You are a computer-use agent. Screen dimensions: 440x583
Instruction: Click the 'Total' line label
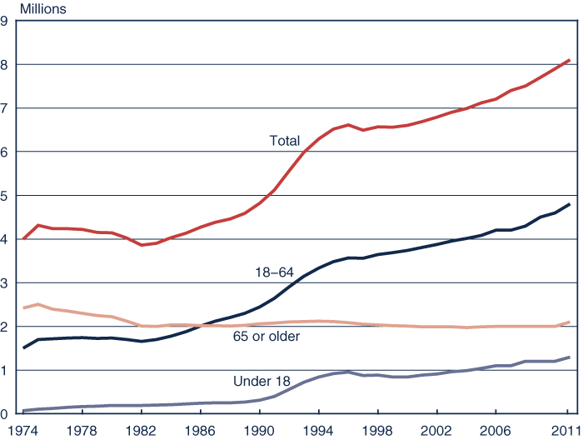pos(284,141)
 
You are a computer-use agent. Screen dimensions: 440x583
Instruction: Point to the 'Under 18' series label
pos(262,382)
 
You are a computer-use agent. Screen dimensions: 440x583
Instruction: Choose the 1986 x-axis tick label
pos(201,431)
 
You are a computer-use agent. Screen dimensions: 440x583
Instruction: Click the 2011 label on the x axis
pos(567,431)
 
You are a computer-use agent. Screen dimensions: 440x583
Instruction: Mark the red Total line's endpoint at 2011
pos(569,60)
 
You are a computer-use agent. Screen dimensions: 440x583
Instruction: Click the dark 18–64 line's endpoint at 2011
pos(569,204)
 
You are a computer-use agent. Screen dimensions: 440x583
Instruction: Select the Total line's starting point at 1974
pos(23,239)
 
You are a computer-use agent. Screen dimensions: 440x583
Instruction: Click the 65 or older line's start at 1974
pos(23,308)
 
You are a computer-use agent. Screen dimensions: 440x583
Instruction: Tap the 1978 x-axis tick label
pos(82,431)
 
